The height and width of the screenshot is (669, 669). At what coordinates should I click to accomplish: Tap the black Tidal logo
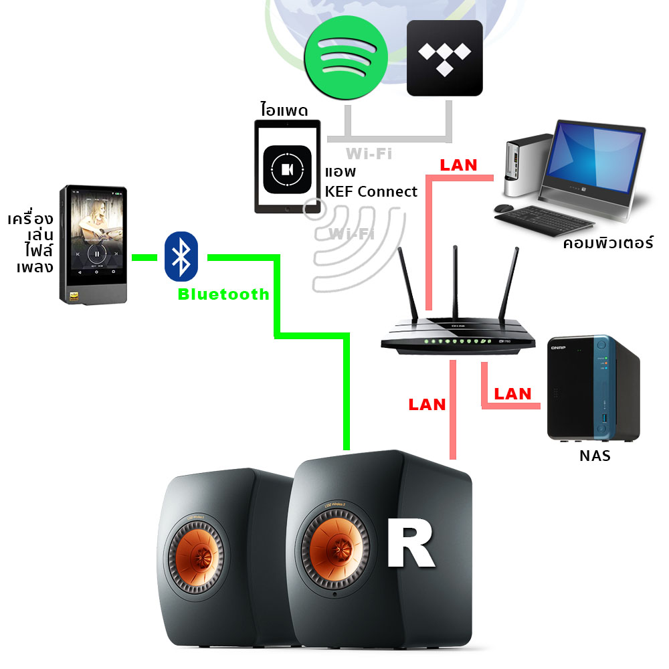click(445, 58)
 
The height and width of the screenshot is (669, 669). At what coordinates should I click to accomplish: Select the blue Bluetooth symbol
click(181, 256)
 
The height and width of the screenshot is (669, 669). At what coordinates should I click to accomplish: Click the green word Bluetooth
click(223, 294)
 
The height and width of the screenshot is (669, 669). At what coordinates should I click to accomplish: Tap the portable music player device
click(93, 245)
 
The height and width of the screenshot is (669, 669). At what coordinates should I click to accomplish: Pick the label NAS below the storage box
click(595, 458)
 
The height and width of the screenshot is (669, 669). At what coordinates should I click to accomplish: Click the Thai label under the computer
click(607, 243)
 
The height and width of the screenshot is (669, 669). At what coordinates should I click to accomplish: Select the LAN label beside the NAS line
click(512, 393)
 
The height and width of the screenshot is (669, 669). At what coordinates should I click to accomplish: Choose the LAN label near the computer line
click(458, 165)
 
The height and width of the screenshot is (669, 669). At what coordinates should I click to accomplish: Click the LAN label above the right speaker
click(427, 404)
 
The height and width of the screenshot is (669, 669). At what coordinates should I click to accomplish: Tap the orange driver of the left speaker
click(195, 556)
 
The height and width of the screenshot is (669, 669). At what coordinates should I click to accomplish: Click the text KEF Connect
click(371, 191)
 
